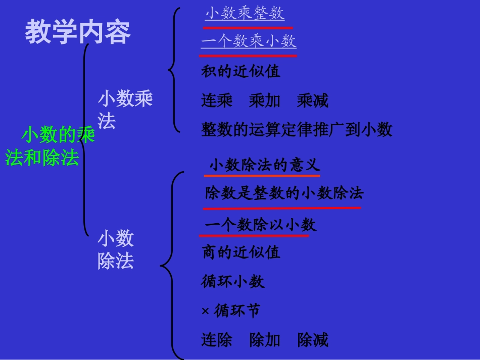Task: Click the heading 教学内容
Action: pyautogui.click(x=78, y=32)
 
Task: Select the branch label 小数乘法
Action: pyautogui.click(x=125, y=110)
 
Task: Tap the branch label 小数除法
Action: pyautogui.click(x=116, y=249)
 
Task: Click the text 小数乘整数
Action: pyautogui.click(x=245, y=14)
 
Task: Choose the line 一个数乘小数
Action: pyautogui.click(x=249, y=41)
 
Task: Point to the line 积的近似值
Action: pyautogui.click(x=241, y=71)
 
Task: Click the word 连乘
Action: pyautogui.click(x=217, y=101)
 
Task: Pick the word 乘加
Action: pyautogui.click(x=264, y=101)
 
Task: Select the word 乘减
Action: pyautogui.click(x=313, y=101)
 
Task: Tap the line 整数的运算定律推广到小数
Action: pyautogui.click(x=297, y=130)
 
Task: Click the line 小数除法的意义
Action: pyautogui.click(x=264, y=165)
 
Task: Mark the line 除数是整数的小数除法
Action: pyautogui.click(x=284, y=193)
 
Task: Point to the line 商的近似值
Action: pyautogui.click(x=241, y=252)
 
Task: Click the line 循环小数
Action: pyautogui.click(x=232, y=281)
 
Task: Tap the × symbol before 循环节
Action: pyautogui.click(x=205, y=311)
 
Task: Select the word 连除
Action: pyautogui.click(x=217, y=340)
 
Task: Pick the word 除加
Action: pyautogui.click(x=265, y=340)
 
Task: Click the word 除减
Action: pyautogui.click(x=313, y=340)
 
